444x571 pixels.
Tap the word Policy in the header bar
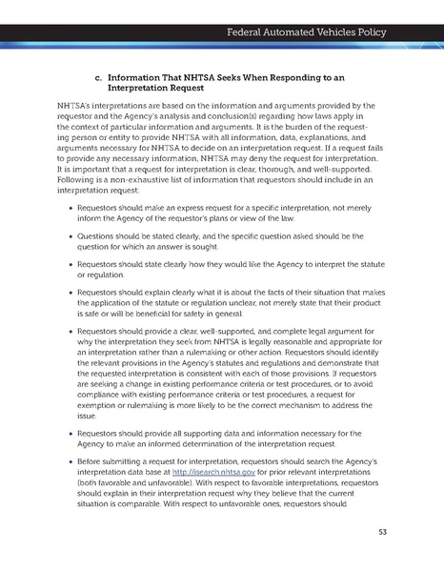(369, 33)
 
